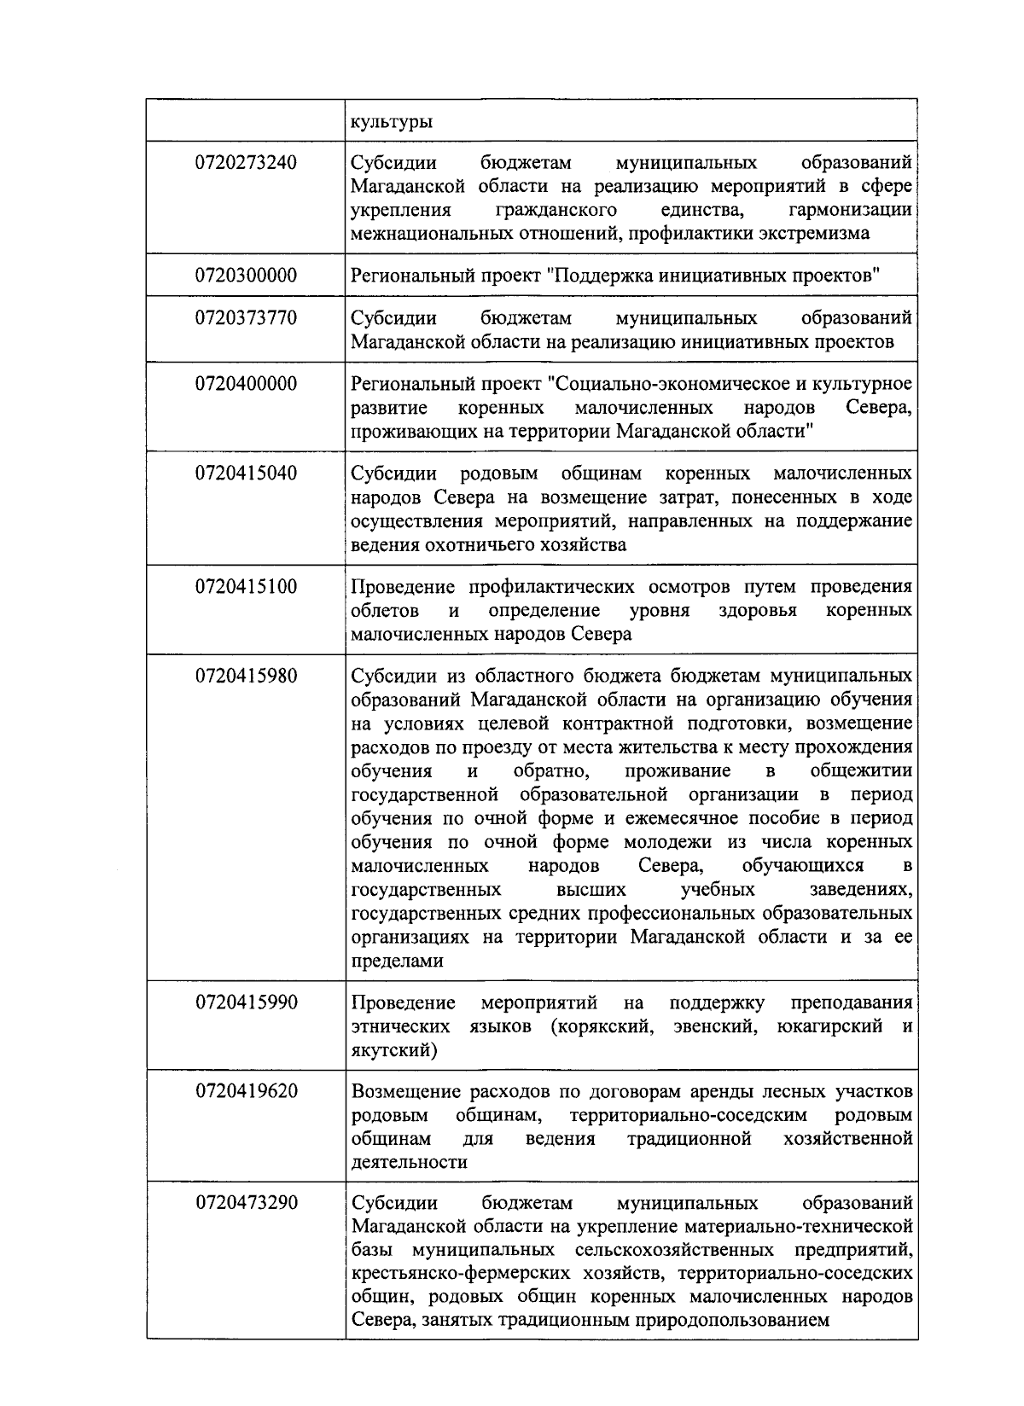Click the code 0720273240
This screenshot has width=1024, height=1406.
246,162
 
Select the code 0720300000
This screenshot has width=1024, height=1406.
246,276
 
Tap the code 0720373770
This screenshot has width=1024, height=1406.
246,318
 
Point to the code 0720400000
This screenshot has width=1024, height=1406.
246,384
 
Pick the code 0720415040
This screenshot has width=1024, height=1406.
246,474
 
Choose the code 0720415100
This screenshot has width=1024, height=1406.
246,587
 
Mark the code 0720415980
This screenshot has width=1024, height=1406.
246,677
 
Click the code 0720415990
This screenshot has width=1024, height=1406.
246,1002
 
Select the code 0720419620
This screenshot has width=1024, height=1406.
246,1092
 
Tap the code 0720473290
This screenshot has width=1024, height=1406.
246,1204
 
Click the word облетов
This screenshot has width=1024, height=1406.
385,611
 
